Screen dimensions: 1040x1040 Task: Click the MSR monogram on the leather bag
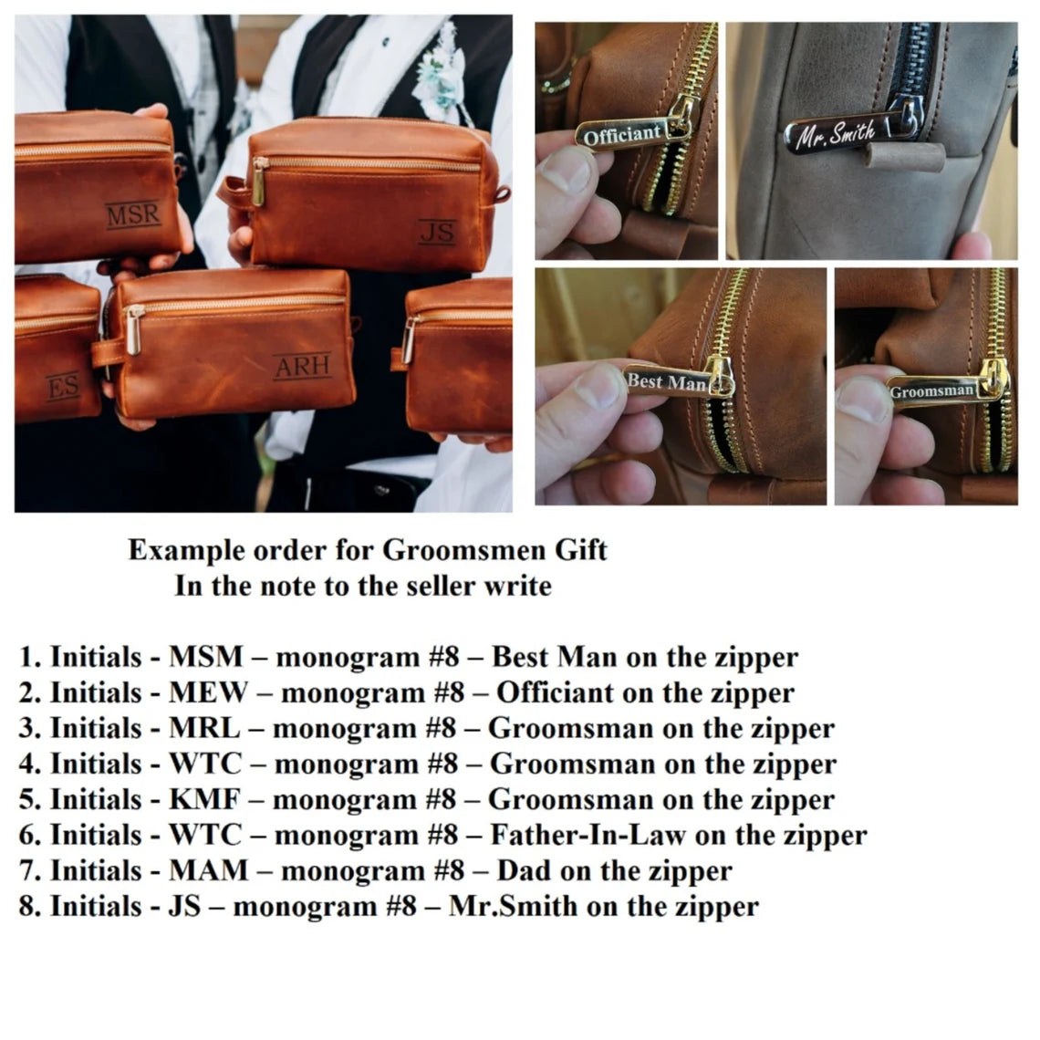click(x=133, y=215)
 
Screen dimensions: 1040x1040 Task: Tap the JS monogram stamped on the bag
click(x=438, y=232)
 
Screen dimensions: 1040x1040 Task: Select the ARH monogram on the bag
click(x=303, y=366)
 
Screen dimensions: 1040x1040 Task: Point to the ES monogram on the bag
click(x=64, y=386)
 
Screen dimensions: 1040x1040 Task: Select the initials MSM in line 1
click(x=206, y=657)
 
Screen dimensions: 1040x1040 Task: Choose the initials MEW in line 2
click(x=209, y=693)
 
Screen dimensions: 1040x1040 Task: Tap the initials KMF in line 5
click(x=205, y=800)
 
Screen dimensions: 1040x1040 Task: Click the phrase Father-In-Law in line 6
click(x=588, y=835)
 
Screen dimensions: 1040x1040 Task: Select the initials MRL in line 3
click(x=205, y=728)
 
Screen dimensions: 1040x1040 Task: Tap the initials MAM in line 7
click(x=209, y=871)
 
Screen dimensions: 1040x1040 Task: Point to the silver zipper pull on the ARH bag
click(x=134, y=329)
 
